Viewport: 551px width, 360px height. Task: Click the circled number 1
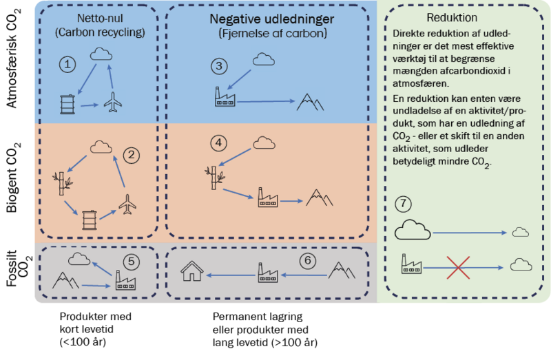[x=67, y=65]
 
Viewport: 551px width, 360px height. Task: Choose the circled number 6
[x=308, y=261]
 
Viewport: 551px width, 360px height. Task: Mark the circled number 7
[x=404, y=204]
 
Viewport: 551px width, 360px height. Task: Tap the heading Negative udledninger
[x=271, y=18]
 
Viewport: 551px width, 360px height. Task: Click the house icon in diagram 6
[x=191, y=272]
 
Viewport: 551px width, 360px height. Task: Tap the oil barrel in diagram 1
[x=67, y=104]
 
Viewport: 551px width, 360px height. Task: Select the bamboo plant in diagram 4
[x=214, y=174]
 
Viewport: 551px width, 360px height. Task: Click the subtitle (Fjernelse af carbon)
[x=271, y=33]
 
